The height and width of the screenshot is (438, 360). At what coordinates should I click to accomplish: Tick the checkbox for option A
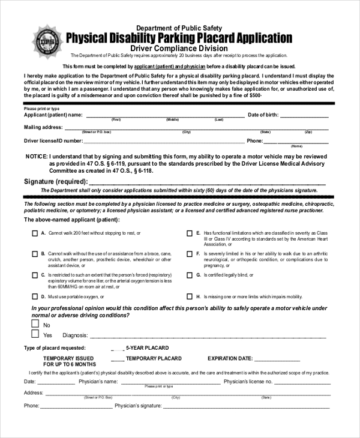34,233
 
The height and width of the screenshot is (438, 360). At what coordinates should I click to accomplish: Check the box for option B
34,254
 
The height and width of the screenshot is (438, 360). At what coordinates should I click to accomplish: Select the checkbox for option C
34,275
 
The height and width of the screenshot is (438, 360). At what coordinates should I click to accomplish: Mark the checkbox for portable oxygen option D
34,296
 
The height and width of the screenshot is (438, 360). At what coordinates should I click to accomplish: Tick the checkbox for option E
190,233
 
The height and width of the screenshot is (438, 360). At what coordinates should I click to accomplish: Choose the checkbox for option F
190,254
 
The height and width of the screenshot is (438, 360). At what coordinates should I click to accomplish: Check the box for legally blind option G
190,275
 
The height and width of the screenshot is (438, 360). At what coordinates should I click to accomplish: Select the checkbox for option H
190,296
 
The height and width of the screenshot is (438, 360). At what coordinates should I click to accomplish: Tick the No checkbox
35,324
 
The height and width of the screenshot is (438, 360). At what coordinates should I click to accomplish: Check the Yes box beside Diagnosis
35,334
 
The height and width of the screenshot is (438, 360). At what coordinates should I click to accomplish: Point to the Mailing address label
43,127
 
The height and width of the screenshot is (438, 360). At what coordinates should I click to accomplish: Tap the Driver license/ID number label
53,141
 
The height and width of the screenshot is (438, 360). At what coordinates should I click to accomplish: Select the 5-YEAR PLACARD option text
147,348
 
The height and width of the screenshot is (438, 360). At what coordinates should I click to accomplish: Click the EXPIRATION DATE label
230,359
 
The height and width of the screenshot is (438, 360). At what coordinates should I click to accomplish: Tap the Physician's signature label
138,406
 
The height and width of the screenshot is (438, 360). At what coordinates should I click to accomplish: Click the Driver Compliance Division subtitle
179,49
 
